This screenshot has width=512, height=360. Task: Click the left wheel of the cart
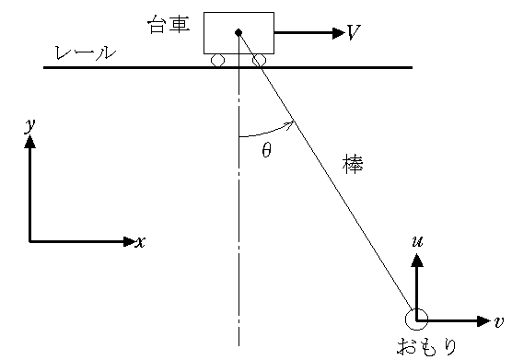click(217, 61)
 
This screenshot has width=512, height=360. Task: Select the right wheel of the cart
click(259, 61)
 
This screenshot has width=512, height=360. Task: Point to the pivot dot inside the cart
click(238, 33)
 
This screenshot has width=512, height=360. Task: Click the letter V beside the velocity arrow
click(353, 33)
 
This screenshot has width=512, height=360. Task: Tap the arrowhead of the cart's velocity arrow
click(335, 33)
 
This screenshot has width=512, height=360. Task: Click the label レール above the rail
click(86, 52)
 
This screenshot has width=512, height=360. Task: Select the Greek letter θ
click(266, 151)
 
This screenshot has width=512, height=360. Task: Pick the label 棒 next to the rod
click(352, 167)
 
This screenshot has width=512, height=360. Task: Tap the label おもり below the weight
click(426, 347)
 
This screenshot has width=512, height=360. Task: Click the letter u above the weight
click(417, 241)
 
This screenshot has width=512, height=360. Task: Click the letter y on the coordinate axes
click(29, 124)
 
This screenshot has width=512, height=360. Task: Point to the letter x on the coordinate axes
click(140, 242)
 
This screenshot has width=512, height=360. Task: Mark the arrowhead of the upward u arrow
click(417, 261)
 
